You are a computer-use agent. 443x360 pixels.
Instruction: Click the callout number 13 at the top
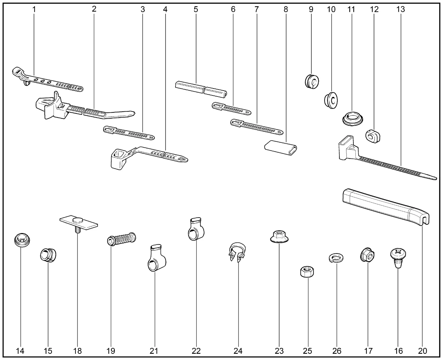[400, 9]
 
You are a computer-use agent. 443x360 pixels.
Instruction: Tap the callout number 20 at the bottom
[423, 351]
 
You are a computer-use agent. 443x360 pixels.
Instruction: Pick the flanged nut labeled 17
[368, 256]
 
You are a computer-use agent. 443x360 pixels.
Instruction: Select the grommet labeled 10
[332, 100]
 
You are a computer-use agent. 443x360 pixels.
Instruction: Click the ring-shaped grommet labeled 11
[353, 118]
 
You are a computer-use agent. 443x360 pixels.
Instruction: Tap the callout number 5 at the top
[196, 9]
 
